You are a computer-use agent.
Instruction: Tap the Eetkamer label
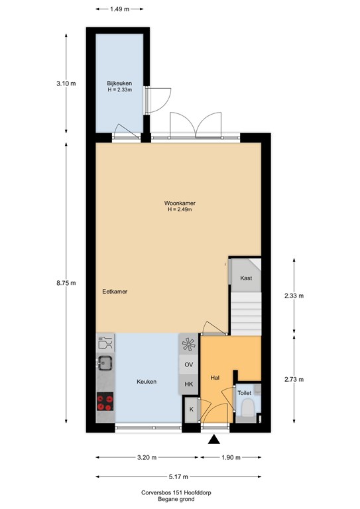115,291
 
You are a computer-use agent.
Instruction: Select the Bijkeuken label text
120,84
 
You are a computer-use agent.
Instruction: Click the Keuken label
147,382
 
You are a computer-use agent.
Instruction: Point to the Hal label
215,378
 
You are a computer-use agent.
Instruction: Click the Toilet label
245,393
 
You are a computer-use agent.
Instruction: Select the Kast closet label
245,279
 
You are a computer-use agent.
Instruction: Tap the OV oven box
188,365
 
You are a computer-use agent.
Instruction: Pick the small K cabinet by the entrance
191,410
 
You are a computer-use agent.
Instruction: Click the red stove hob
105,400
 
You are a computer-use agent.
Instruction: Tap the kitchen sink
105,363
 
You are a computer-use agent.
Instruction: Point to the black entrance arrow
213,439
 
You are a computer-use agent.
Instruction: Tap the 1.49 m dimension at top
120,9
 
